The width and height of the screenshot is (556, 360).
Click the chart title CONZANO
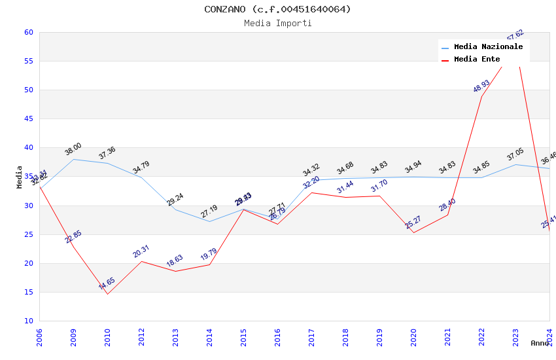tap(277, 9)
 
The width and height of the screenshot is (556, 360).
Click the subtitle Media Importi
tap(277, 24)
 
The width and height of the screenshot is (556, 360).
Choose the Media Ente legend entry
tap(477, 60)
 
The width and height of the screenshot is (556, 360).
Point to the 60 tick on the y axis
tap(28, 32)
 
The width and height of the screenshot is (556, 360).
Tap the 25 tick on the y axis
tap(28, 234)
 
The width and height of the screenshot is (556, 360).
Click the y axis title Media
tap(20, 177)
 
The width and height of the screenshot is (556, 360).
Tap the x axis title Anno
tap(540, 343)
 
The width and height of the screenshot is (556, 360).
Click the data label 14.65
tap(107, 283)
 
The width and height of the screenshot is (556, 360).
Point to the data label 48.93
tap(481, 86)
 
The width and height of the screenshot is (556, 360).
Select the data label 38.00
tap(73, 149)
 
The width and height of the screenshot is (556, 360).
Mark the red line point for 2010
tap(107, 294)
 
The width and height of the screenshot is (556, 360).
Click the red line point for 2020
tap(413, 232)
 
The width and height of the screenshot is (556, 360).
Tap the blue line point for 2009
tap(73, 159)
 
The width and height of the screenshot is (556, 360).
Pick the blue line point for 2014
tap(209, 221)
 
